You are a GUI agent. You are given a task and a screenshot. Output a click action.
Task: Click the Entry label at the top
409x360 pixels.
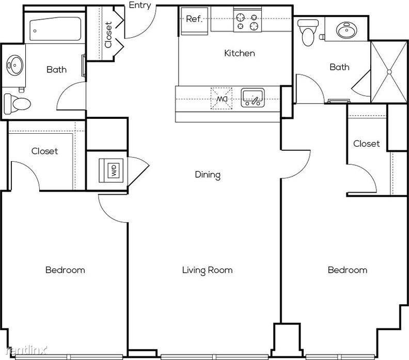[x=140, y=5]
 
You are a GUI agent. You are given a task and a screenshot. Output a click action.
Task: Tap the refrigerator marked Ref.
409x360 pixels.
[x=194, y=21]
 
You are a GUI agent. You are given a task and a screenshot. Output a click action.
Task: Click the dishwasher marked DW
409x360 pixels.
[x=222, y=99]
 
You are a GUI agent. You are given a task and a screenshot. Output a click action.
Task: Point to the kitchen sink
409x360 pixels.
[x=253, y=98]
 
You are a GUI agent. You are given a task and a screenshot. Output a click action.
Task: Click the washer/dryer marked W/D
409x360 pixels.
[x=111, y=170]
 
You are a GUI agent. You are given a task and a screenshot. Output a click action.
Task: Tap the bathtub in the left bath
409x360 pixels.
[x=55, y=29]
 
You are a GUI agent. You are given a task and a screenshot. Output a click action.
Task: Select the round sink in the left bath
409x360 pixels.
[x=14, y=65]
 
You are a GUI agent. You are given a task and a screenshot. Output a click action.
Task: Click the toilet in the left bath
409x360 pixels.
[x=17, y=104]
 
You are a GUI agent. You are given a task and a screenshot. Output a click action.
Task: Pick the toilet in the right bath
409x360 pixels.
[x=308, y=33]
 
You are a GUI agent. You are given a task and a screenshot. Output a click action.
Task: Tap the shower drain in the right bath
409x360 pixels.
[x=389, y=72]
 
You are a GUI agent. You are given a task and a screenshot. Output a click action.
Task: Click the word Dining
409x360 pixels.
[x=208, y=175]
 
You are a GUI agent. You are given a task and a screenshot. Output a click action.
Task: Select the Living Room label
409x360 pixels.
[x=208, y=270]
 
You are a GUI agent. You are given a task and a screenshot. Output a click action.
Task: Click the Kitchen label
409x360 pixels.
[x=240, y=53]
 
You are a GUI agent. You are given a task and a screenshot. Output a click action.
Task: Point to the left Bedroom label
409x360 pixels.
[x=65, y=270]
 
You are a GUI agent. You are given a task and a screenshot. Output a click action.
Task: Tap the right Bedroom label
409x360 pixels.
[x=348, y=270]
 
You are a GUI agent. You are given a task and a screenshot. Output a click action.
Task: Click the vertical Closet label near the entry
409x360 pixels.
[x=108, y=35]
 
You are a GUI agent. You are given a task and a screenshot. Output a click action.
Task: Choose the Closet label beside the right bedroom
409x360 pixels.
[x=367, y=144]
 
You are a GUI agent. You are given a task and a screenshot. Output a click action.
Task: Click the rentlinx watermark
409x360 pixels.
[x=27, y=350]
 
